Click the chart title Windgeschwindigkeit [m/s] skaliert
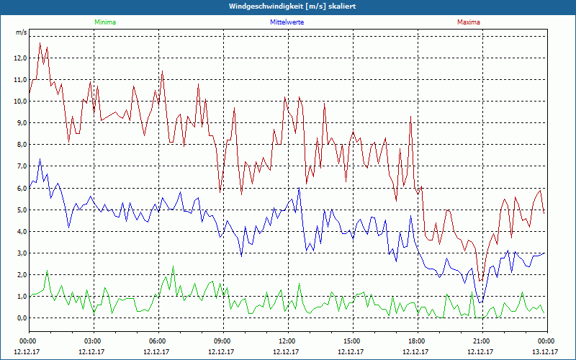(x=288, y=6)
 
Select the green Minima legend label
(x=104, y=22)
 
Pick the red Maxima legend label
(x=468, y=22)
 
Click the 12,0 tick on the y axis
(x=19, y=58)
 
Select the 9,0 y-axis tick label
(x=20, y=123)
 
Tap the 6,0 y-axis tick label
(x=20, y=188)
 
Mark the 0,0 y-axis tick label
(x=20, y=318)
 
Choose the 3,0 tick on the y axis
(x=20, y=253)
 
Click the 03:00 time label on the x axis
(x=93, y=341)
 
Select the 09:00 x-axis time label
(x=222, y=341)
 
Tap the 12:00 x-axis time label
(x=287, y=341)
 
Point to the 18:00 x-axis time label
(x=417, y=341)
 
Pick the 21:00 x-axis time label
(x=482, y=341)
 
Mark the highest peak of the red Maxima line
(x=40, y=43)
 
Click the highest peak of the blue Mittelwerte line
(x=40, y=159)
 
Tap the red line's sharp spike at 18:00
(x=410, y=117)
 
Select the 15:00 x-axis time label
(x=352, y=341)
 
